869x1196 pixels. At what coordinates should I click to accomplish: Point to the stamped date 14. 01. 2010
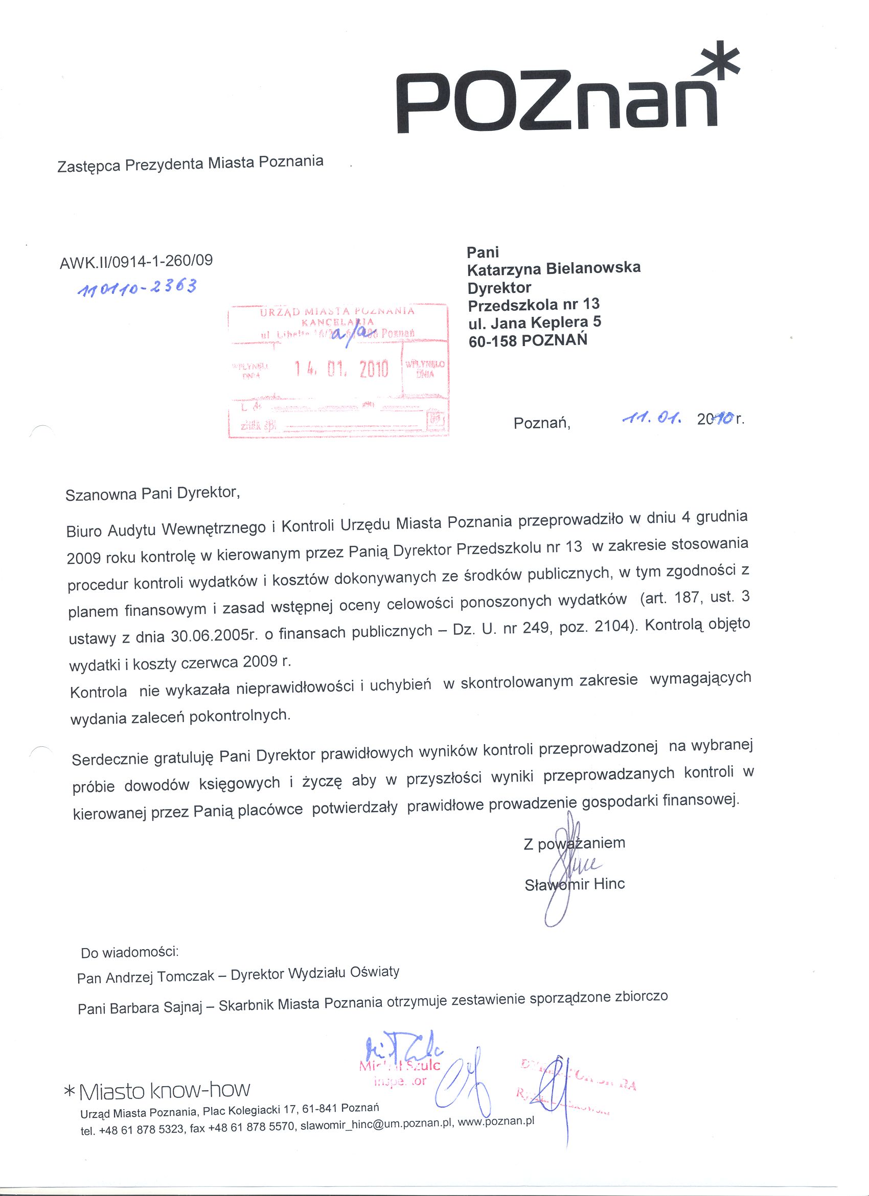click(341, 369)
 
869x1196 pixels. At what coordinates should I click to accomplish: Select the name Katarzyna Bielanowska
click(554, 268)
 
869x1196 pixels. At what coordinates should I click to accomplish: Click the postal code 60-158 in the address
click(492, 341)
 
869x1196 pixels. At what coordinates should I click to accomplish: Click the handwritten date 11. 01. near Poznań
click(652, 418)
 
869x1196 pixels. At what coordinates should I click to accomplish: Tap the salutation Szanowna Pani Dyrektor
click(152, 494)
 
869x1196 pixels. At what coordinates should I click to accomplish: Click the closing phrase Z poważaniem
click(574, 843)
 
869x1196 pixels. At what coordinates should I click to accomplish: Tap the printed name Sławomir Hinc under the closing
click(575, 884)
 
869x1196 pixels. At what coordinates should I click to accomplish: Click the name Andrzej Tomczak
click(161, 977)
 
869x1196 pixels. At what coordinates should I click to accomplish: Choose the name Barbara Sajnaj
click(155, 1008)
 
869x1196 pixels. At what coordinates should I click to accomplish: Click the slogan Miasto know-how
click(164, 1091)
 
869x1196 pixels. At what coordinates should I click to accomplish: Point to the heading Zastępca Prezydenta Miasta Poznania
click(190, 164)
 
